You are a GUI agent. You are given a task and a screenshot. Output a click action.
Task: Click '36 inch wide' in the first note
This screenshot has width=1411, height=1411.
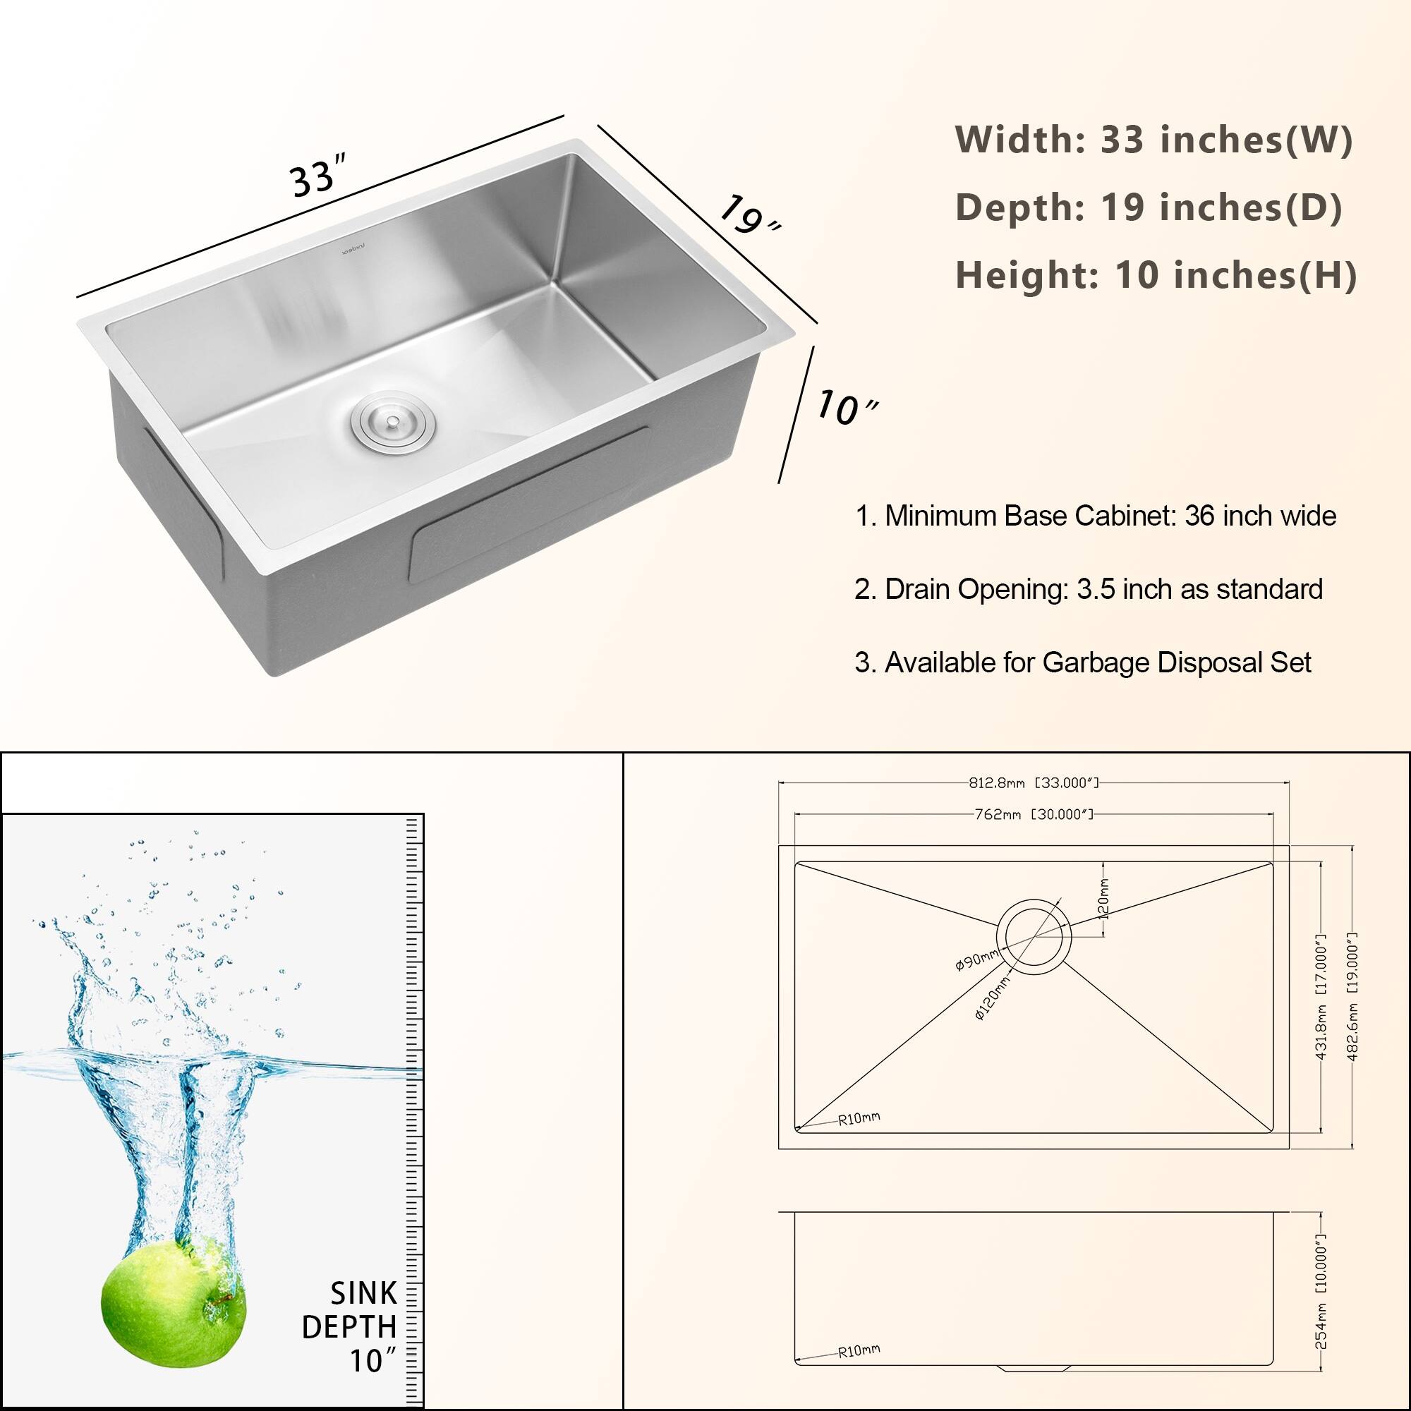pos(1260,516)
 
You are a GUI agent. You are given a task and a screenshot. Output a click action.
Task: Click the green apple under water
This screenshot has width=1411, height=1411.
pos(174,1300)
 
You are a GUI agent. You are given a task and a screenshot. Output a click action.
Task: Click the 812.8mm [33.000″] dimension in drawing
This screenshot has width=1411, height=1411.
pos(1033,783)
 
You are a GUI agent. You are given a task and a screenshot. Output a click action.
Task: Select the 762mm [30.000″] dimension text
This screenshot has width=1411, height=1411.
pos(1033,813)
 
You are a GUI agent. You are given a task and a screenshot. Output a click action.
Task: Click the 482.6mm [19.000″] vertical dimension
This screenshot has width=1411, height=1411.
pos(1352,997)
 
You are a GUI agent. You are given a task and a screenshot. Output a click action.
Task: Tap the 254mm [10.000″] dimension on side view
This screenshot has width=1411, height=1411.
pos(1321,1291)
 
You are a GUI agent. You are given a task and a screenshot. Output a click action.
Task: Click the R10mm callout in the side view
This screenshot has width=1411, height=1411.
pos(859,1352)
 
